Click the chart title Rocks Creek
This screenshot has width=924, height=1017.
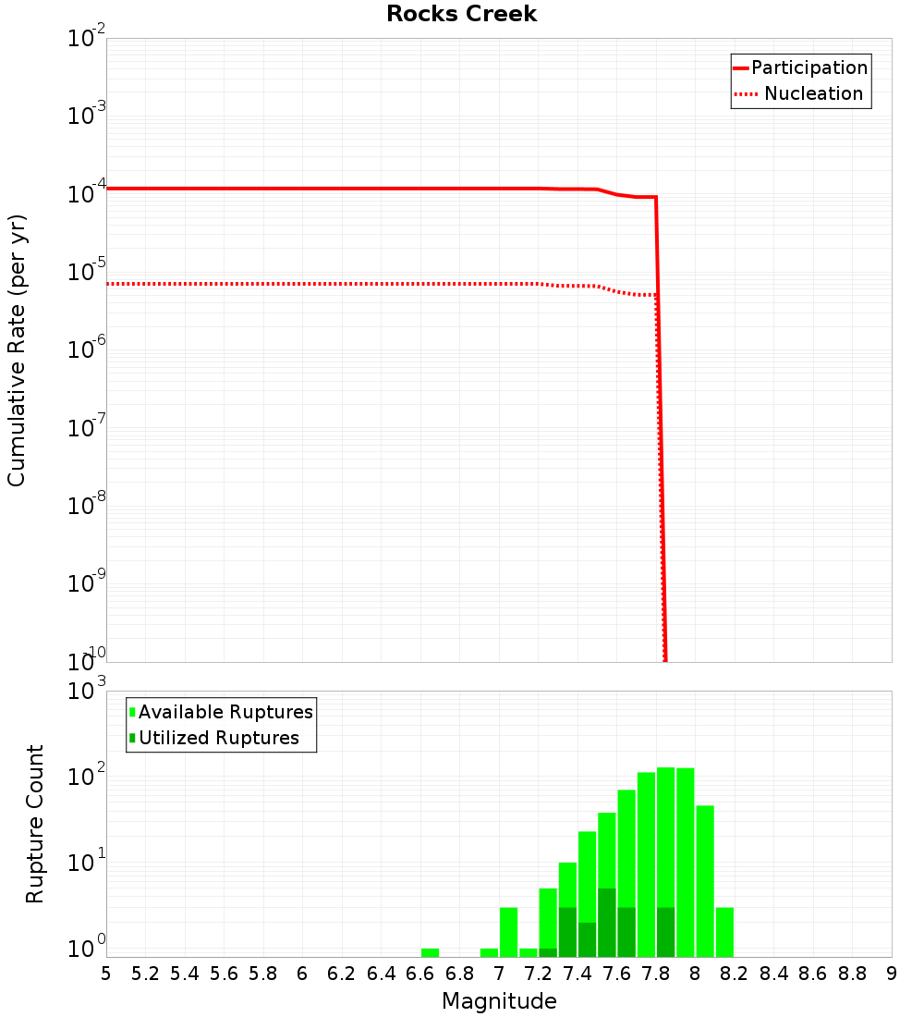(461, 15)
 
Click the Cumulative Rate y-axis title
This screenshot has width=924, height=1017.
(17, 349)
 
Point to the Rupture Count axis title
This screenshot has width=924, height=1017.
(35, 824)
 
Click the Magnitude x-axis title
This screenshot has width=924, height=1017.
(499, 1001)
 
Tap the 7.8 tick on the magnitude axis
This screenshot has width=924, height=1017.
(656, 974)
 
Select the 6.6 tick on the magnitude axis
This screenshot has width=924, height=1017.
(420, 974)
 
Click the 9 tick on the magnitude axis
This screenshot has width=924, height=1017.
(891, 974)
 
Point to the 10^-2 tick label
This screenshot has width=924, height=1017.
(87, 39)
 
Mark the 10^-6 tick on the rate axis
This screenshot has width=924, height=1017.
(87, 350)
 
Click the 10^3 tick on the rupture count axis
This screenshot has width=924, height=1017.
(87, 692)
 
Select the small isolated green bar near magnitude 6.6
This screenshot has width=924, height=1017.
(430, 952)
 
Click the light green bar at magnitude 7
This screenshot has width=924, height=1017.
(508, 932)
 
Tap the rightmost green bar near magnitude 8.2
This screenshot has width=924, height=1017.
(724, 932)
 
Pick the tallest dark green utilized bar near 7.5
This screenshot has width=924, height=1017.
(607, 923)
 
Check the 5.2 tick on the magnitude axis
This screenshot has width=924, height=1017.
(146, 974)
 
